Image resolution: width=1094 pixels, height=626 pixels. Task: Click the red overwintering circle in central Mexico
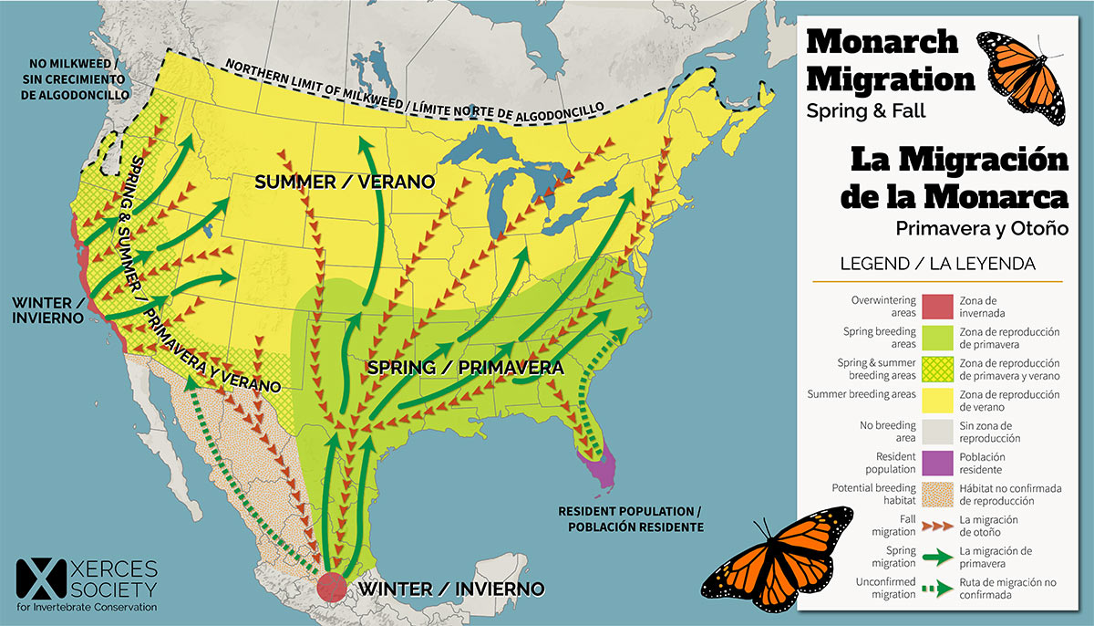click(332, 586)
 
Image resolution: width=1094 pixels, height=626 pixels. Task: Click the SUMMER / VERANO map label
click(344, 183)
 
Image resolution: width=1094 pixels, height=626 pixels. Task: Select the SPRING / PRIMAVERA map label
click(463, 367)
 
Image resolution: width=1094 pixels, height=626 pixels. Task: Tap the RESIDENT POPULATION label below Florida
click(631, 518)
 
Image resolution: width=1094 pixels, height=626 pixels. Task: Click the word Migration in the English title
click(891, 79)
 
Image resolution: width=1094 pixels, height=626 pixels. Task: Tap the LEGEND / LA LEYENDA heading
click(937, 264)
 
